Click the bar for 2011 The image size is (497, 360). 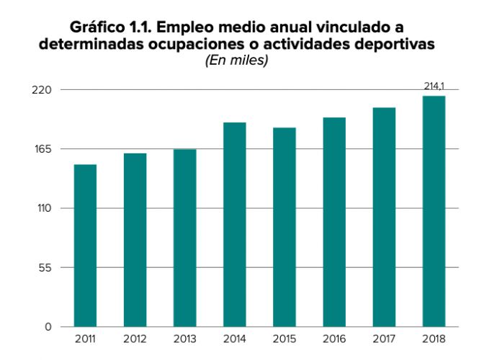85,246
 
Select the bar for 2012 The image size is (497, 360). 135,240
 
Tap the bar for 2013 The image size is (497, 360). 184,238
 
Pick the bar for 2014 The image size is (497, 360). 235,225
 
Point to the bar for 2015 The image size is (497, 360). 285,227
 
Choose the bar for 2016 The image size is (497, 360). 334,222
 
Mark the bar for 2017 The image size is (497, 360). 384,217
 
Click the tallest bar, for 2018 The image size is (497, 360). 434,211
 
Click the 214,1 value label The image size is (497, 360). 434,86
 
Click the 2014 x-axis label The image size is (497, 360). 235,339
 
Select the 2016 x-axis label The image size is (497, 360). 334,339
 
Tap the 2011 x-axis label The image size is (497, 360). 85,339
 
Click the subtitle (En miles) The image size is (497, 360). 237,61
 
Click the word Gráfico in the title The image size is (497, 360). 99,28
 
